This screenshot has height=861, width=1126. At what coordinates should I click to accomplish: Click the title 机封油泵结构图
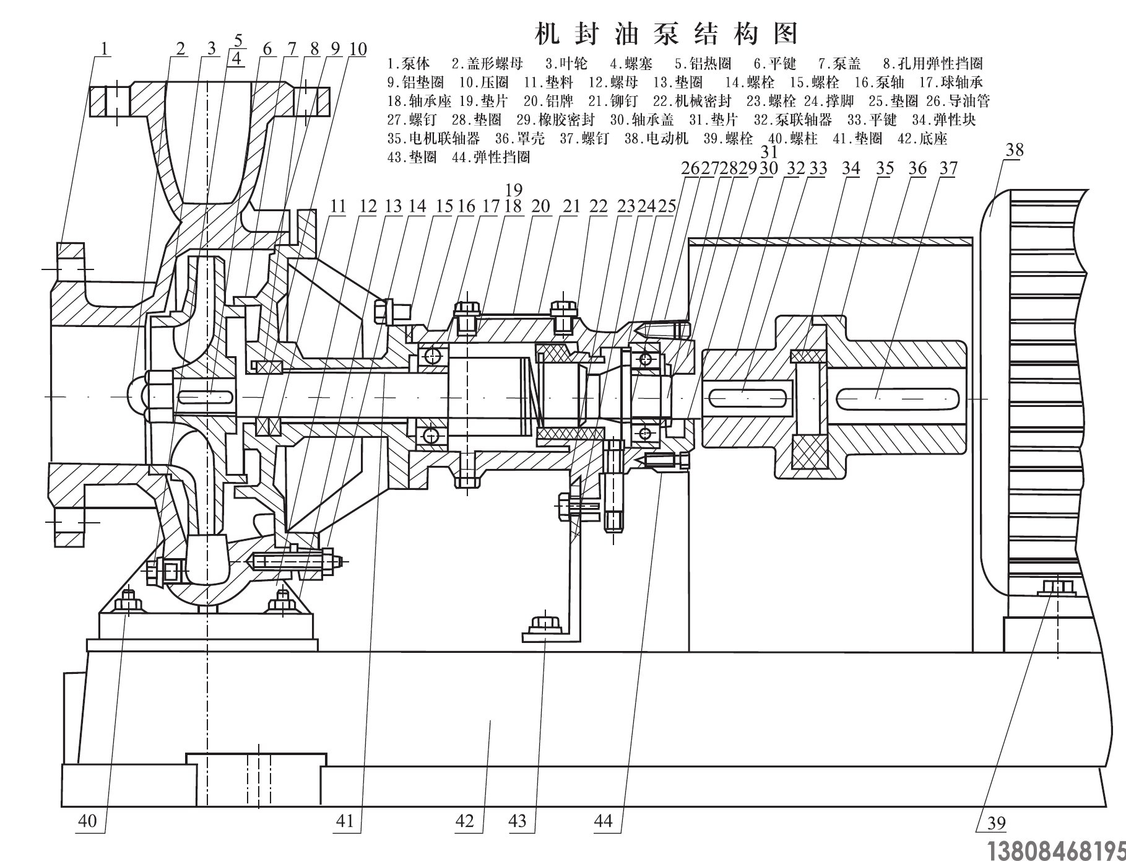666,33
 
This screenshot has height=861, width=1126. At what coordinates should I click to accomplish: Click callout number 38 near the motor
1015,151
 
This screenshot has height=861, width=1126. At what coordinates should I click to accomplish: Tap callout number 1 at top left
105,49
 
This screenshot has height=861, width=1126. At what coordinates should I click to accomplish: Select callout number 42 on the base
464,821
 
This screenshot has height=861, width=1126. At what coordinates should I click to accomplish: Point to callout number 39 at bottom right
997,823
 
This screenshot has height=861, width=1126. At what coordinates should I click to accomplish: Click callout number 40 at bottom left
87,821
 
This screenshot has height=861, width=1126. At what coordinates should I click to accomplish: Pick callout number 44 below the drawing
603,821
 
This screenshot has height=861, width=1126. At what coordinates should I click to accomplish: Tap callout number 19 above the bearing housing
514,190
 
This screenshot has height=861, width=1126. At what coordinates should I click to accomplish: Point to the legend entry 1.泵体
409,63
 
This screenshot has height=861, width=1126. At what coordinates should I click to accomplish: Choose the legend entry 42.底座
920,138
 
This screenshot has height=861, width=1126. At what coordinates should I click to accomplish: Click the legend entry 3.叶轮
566,63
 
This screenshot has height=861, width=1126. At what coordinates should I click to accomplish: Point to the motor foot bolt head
1057,586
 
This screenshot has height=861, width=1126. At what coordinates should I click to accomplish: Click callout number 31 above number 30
769,152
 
